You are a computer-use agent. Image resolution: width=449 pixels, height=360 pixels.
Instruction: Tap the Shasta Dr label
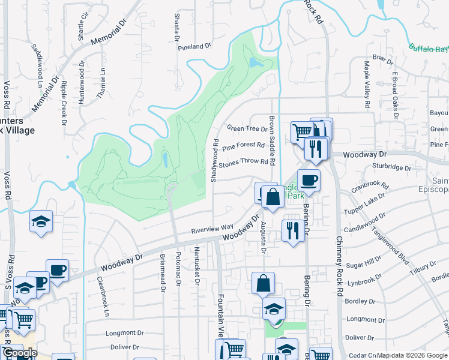(177, 26)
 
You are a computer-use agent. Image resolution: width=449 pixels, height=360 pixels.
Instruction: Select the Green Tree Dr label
(247, 128)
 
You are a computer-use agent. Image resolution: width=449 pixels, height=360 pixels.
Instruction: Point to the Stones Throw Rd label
(243, 162)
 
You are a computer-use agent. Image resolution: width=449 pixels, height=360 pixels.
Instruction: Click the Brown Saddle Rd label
(272, 140)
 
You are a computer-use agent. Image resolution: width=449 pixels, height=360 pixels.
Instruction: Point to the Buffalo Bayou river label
(429, 49)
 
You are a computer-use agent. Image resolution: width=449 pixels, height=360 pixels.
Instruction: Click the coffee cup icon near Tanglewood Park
(309, 180)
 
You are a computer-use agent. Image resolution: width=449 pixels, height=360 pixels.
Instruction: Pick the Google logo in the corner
(19, 353)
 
